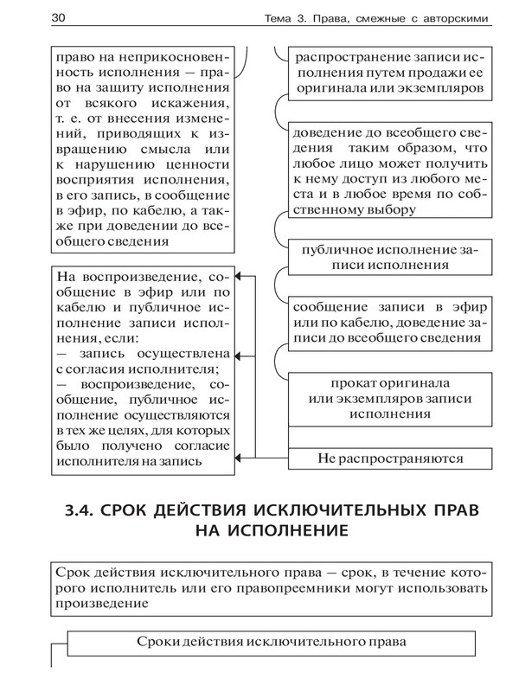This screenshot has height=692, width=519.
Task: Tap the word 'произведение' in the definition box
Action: pos(96,605)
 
